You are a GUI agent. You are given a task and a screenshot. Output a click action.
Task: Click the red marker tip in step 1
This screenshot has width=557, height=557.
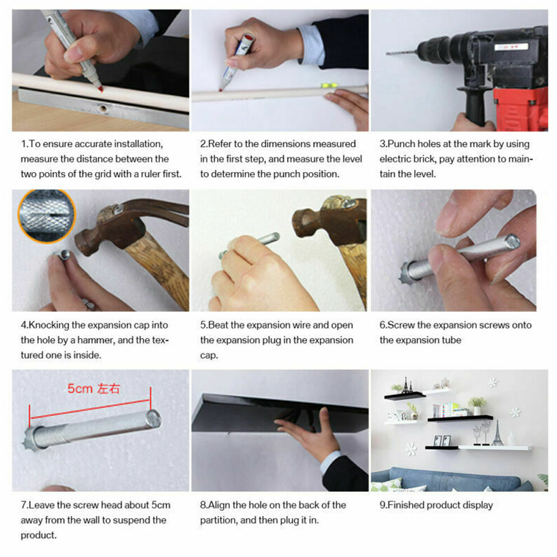click(x=100, y=89)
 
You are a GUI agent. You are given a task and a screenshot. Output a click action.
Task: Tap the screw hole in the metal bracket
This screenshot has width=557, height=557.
click(x=103, y=109)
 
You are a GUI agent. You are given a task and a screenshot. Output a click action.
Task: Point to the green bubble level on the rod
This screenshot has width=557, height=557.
click(x=329, y=85)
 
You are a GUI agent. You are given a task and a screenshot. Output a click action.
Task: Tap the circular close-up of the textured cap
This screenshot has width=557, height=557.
click(x=46, y=216)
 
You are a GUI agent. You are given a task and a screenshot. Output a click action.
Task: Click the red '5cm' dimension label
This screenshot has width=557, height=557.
click(x=80, y=389)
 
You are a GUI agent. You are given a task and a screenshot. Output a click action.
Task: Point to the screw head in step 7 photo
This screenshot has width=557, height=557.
click(x=154, y=418)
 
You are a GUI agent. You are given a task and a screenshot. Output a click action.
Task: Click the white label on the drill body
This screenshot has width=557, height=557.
click(x=512, y=46)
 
